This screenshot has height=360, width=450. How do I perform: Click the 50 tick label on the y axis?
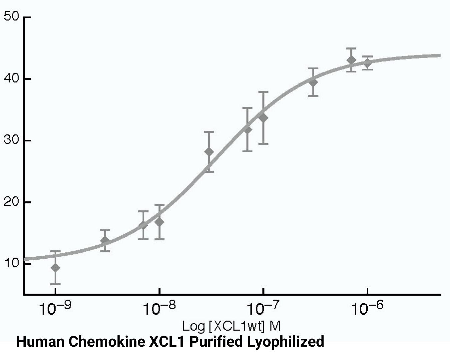click(x=11, y=17)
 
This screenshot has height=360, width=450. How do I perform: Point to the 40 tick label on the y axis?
click(x=11, y=79)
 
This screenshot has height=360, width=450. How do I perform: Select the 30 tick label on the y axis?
click(x=11, y=140)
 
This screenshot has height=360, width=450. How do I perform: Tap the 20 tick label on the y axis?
click(x=11, y=202)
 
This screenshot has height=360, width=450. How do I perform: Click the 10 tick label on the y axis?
click(x=11, y=263)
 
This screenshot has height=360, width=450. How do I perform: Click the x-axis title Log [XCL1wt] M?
click(x=231, y=326)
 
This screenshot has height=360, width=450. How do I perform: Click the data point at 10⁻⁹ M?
click(x=55, y=268)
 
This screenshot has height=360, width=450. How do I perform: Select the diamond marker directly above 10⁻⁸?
click(x=159, y=222)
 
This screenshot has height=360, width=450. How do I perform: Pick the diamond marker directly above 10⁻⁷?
click(x=263, y=118)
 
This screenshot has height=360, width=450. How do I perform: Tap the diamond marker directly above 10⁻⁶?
click(x=367, y=63)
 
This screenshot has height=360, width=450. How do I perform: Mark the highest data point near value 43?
click(x=351, y=60)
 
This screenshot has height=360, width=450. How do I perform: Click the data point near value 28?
click(x=209, y=152)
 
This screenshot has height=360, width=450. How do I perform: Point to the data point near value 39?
click(x=313, y=82)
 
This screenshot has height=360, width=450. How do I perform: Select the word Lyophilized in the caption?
click(x=285, y=342)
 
